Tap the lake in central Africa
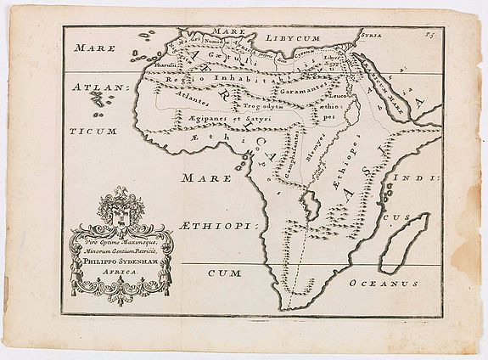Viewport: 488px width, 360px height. click(312, 204)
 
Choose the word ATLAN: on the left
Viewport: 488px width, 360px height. click(100, 88)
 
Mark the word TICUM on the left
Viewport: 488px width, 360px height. click(96, 133)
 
